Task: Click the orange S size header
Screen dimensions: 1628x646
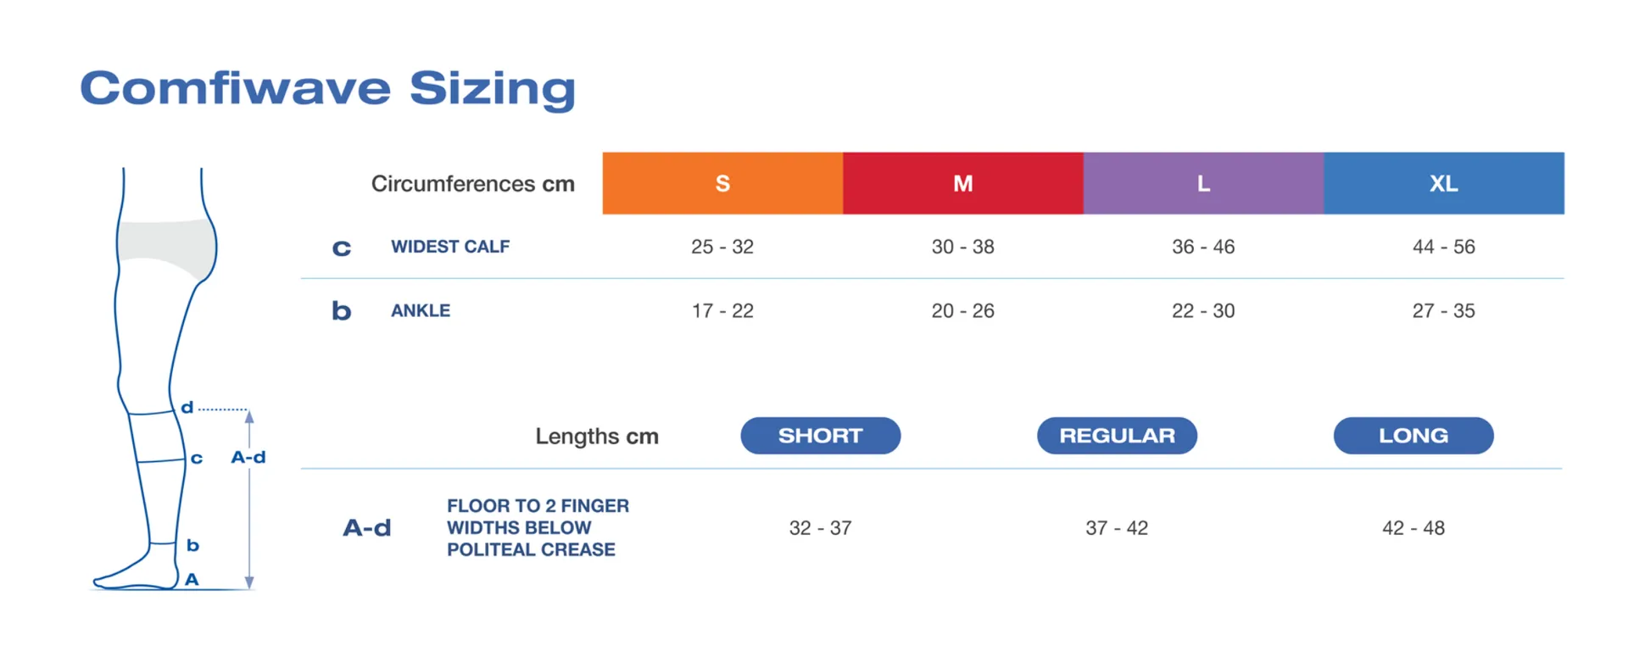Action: [722, 183]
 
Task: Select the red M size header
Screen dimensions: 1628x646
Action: [963, 183]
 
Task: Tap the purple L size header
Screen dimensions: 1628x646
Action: [1204, 183]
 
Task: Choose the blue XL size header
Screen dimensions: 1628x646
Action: [1444, 183]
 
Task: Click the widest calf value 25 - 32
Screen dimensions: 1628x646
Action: [722, 247]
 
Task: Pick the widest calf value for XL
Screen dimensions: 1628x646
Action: [1444, 247]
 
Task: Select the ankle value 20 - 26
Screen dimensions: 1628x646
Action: [963, 311]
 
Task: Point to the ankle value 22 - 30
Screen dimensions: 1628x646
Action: [1203, 311]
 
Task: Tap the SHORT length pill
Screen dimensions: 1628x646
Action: [821, 436]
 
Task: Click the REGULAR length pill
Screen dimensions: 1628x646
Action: [1118, 436]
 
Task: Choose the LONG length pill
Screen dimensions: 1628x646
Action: [1413, 436]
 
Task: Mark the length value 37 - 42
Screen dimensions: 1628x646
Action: [1117, 528]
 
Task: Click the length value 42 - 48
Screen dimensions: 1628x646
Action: [1413, 528]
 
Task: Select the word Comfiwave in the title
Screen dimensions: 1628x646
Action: [236, 88]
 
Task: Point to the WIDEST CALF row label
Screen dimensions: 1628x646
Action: [450, 247]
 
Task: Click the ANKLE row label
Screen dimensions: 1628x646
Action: [421, 311]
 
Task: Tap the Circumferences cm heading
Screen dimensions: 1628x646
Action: [473, 184]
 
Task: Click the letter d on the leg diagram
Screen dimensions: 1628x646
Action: [187, 408]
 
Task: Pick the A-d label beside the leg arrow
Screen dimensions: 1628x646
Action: [248, 457]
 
